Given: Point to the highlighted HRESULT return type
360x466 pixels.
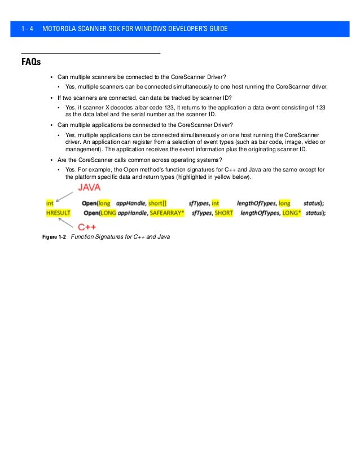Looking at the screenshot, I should coord(59,212).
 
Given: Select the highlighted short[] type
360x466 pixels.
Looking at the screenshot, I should coord(157,203).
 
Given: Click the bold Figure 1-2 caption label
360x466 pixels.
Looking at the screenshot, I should coord(55,237).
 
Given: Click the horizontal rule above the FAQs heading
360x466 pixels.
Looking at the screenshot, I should coord(90,52).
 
